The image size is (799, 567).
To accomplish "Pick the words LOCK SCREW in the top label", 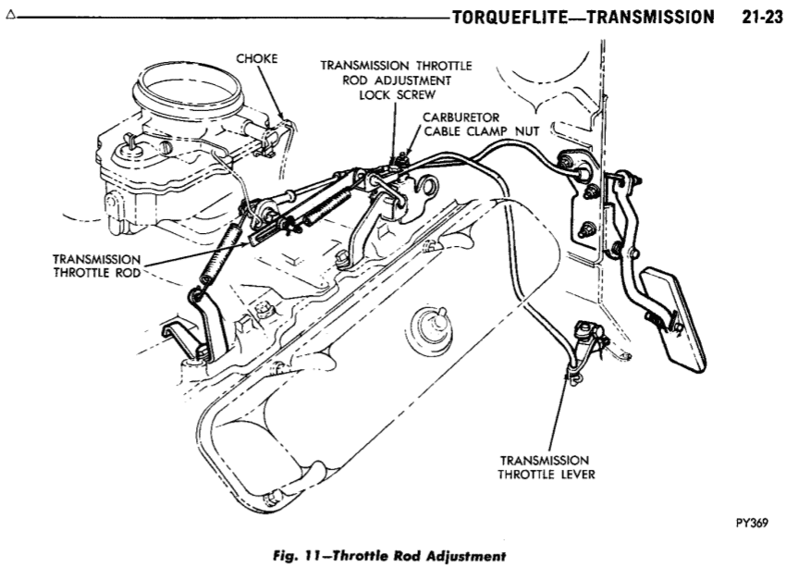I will (396, 93).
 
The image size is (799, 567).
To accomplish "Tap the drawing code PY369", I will (753, 521).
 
